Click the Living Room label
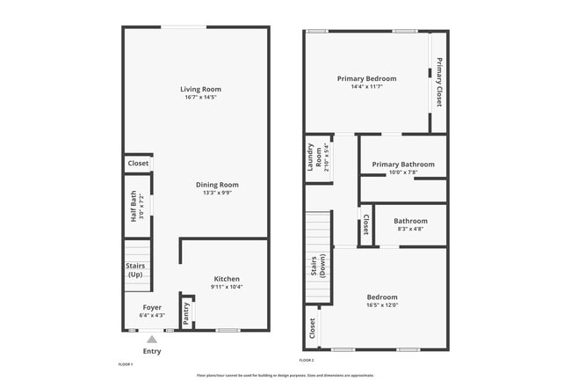pos(200,89)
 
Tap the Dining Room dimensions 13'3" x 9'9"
pos(216,193)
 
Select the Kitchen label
pos(227,278)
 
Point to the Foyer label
pos(152,307)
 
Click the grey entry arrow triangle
pos(152,339)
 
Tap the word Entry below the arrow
pos(152,351)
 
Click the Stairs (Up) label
pos(135,269)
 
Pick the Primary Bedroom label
pos(367,78)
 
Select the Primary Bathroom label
pos(403,165)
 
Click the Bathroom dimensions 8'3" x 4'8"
pos(410,229)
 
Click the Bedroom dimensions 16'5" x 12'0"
pos(382,304)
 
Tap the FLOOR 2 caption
pos(307,361)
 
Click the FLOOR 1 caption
pos(125,363)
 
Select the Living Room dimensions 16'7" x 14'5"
pos(200,97)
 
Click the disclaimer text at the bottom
pos(285,375)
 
